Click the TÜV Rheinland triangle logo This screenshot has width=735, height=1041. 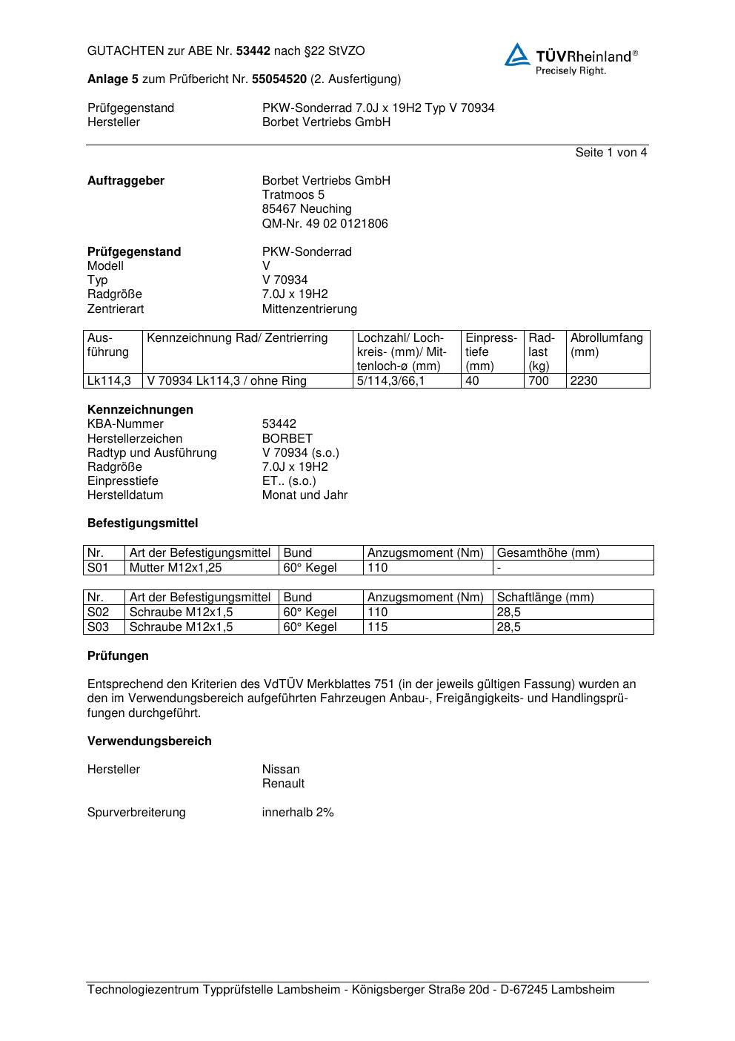pyautogui.click(x=517, y=55)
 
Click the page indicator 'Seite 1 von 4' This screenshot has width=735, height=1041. pyautogui.click(x=611, y=153)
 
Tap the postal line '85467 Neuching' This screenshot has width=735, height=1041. pyautogui.click(x=307, y=209)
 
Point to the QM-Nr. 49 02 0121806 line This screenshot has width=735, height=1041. pyautogui.click(x=325, y=224)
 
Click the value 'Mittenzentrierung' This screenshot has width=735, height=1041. pyautogui.click(x=309, y=309)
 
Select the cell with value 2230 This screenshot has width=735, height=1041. pyautogui.click(x=584, y=381)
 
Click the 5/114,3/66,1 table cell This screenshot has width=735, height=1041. pyautogui.click(x=390, y=381)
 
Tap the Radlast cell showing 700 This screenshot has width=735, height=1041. pyautogui.click(x=539, y=381)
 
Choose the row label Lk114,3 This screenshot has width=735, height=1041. pyautogui.click(x=109, y=381)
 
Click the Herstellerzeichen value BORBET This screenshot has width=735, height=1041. pyautogui.click(x=287, y=439)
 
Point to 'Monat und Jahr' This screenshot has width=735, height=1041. pyautogui.click(x=305, y=495)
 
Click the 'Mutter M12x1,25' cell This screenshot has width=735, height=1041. pyautogui.click(x=176, y=568)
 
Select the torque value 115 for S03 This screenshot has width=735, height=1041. pyautogui.click(x=377, y=627)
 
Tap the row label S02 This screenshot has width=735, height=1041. pyautogui.click(x=98, y=612)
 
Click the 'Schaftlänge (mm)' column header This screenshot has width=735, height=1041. pyautogui.click(x=545, y=598)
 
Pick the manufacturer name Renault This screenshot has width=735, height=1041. pyautogui.click(x=283, y=784)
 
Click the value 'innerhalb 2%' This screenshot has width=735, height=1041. pyautogui.click(x=298, y=813)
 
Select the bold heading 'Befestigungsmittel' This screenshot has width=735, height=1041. pyautogui.click(x=142, y=523)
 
